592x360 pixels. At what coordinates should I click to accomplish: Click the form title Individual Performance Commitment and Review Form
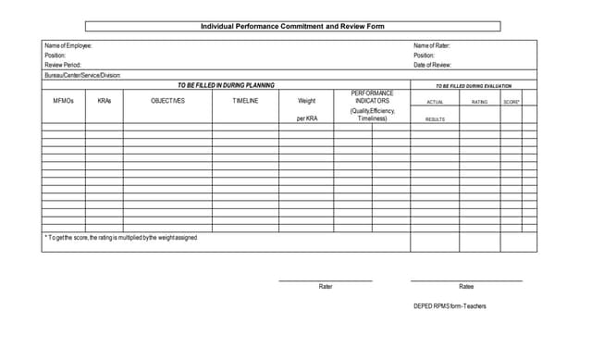(292, 27)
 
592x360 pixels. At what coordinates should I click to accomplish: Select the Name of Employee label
(68, 45)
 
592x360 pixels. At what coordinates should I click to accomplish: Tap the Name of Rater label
(432, 45)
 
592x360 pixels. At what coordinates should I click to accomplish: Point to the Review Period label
(63, 65)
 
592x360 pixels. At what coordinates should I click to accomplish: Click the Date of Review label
(432, 65)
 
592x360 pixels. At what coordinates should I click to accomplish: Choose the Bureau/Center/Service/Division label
(83, 75)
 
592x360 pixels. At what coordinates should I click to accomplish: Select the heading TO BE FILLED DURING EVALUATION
(474, 86)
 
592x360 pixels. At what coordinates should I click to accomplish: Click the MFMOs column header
(63, 101)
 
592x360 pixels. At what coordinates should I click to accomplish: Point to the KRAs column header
(104, 101)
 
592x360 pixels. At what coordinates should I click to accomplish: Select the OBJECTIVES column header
(167, 101)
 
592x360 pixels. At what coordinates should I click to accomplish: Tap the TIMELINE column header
(245, 101)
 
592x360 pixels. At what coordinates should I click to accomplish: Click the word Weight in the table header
(306, 101)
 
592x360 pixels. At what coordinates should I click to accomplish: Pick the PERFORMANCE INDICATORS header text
(373, 97)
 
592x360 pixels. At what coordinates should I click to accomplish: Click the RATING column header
(479, 102)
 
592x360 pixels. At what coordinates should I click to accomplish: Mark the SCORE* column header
(512, 102)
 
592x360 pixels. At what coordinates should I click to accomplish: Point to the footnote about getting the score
(121, 238)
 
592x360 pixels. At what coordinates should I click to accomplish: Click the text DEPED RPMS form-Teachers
(450, 306)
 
